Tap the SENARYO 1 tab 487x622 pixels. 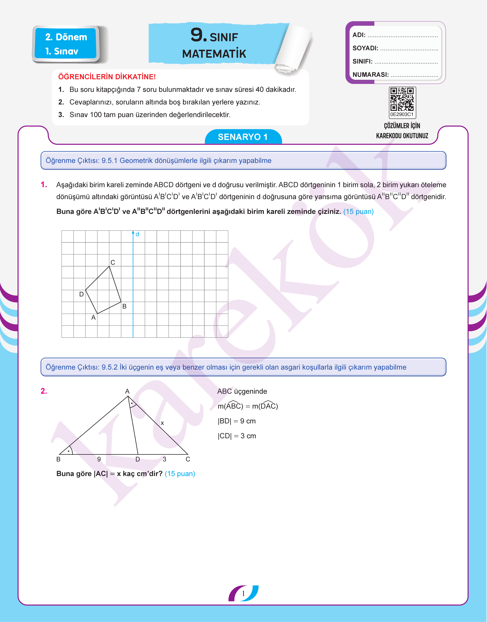(x=243, y=137)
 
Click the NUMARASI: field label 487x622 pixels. (x=370, y=75)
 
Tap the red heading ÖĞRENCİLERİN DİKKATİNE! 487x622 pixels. (x=107, y=77)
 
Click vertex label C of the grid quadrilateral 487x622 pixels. (x=113, y=262)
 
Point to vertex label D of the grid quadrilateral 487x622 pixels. (x=81, y=294)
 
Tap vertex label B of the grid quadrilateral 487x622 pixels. (x=124, y=306)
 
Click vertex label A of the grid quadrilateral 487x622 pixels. (x=93, y=317)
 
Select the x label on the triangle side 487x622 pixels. (x=162, y=423)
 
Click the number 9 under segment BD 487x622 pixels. (x=99, y=459)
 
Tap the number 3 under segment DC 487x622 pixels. (x=165, y=459)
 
